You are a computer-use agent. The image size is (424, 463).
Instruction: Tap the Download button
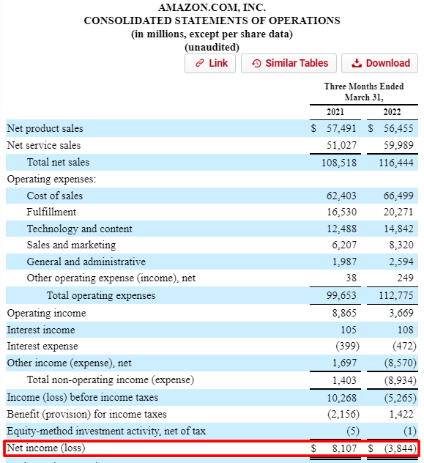coord(380,63)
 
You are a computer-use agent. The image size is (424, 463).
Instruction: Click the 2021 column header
coord(334,112)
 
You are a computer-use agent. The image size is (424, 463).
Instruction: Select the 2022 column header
coord(393,112)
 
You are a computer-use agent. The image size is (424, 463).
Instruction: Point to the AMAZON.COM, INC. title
coord(212,7)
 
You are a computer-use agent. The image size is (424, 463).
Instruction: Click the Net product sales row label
coord(45,128)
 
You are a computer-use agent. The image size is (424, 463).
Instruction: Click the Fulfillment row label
coord(51,212)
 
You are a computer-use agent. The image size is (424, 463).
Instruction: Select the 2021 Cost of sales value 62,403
coord(341,196)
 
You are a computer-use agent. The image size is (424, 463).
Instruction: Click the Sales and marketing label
coord(71,245)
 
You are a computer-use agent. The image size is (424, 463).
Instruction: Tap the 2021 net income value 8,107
coord(343,447)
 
